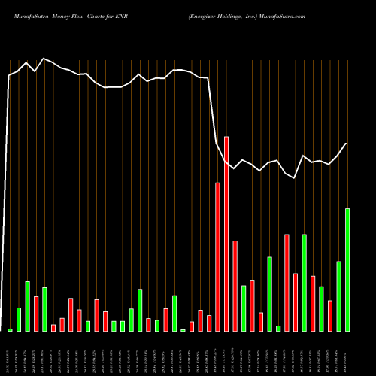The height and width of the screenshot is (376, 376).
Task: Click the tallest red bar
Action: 226,233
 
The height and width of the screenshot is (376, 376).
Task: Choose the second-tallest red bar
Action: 217,256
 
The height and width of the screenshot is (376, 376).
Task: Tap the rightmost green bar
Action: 347,269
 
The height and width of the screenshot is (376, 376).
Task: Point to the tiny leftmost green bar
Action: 11,330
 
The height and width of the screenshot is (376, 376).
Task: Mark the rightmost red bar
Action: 330,316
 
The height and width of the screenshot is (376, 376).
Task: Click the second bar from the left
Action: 19,320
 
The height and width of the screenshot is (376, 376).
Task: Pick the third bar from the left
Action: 28,306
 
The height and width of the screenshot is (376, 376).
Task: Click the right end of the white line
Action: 347,143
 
